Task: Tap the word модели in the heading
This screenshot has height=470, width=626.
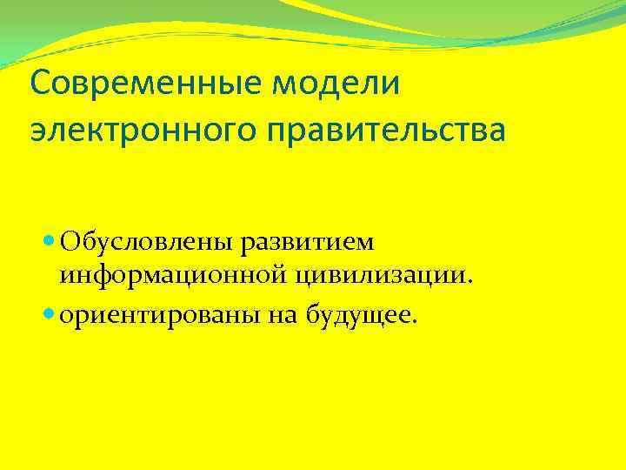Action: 333,84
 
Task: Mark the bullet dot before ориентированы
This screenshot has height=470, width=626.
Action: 48,314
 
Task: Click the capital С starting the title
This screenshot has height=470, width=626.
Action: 39,84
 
